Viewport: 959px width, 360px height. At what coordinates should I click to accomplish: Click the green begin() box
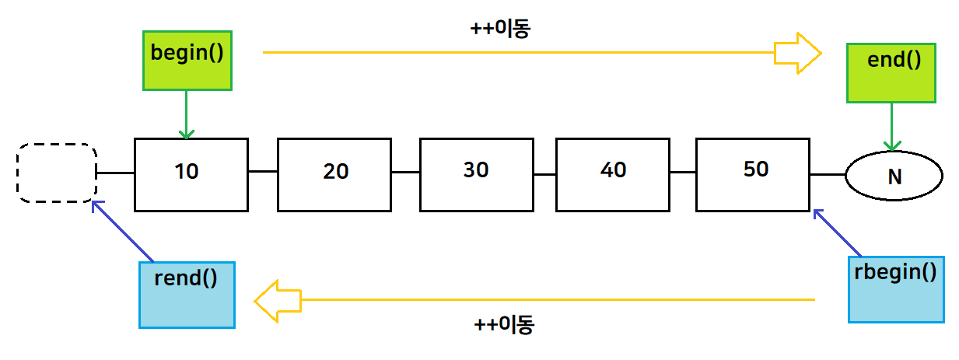(187, 60)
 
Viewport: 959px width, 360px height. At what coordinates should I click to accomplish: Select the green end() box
(891, 73)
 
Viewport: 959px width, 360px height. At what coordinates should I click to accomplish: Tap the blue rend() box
(187, 294)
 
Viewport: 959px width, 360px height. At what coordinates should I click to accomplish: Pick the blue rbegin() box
(896, 289)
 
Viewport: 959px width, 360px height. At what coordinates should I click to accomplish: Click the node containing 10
(191, 174)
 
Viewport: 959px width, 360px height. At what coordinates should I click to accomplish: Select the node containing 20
(334, 174)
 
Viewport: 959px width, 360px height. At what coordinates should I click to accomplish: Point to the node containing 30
(476, 174)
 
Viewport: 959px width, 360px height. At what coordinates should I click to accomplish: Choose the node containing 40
(613, 174)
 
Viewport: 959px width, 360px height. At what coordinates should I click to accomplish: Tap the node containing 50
(753, 174)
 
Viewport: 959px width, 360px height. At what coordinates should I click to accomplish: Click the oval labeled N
(894, 177)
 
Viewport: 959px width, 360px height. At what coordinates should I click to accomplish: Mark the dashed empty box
(57, 173)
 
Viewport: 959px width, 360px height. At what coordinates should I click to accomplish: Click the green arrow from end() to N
(891, 127)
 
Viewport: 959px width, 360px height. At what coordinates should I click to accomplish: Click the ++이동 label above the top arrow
(501, 29)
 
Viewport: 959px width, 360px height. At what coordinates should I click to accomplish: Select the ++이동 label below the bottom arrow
(504, 325)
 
